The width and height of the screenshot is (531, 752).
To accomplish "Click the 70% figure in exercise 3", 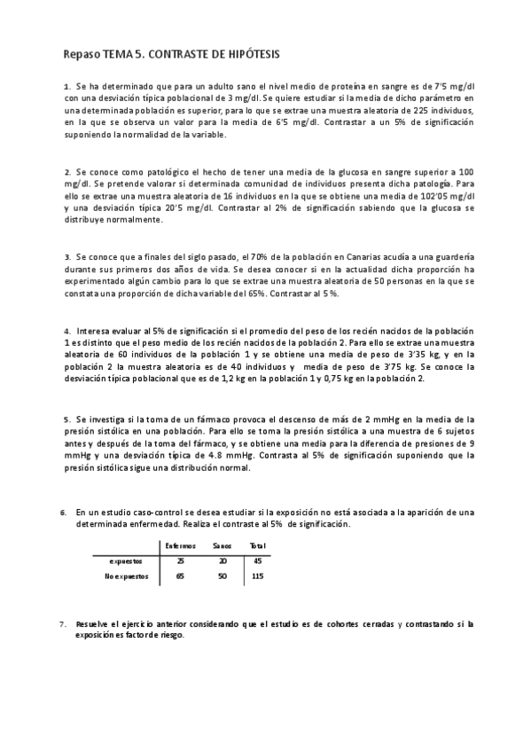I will [x=258, y=256].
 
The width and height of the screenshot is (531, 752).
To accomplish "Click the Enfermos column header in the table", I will [x=181, y=545].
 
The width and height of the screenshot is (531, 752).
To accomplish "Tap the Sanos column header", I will [x=221, y=545].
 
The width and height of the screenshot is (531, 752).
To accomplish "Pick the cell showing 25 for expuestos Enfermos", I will [x=181, y=560].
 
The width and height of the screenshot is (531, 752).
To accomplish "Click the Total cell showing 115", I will [x=258, y=576].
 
